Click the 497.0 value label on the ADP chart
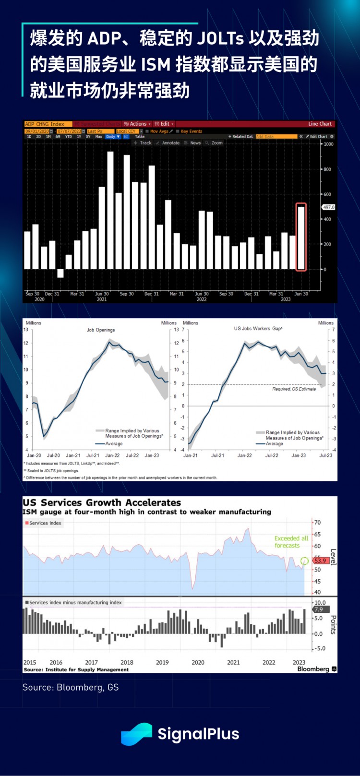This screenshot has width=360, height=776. [329, 207]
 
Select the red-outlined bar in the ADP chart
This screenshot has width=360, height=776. [301, 238]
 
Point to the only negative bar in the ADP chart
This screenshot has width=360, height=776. [60, 273]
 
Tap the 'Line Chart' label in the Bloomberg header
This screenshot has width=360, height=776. [320, 124]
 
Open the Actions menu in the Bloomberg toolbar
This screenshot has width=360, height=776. [138, 124]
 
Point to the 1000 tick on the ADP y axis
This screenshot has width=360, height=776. [328, 144]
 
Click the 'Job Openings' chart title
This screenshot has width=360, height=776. [101, 330]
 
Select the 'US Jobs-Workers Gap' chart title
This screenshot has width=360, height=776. [258, 329]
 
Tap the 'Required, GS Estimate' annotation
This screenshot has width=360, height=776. [294, 389]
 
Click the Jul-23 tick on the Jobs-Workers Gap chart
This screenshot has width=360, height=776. [326, 455]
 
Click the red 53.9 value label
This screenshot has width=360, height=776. [320, 561]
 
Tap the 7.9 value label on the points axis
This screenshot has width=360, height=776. [319, 609]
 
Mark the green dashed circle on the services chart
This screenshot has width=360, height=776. [304, 561]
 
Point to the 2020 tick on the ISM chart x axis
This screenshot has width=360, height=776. [198, 662]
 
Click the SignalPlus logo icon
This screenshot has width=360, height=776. [136, 734]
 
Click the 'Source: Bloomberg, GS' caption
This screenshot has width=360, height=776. [71, 687]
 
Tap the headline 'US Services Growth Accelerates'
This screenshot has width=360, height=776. [102, 502]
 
